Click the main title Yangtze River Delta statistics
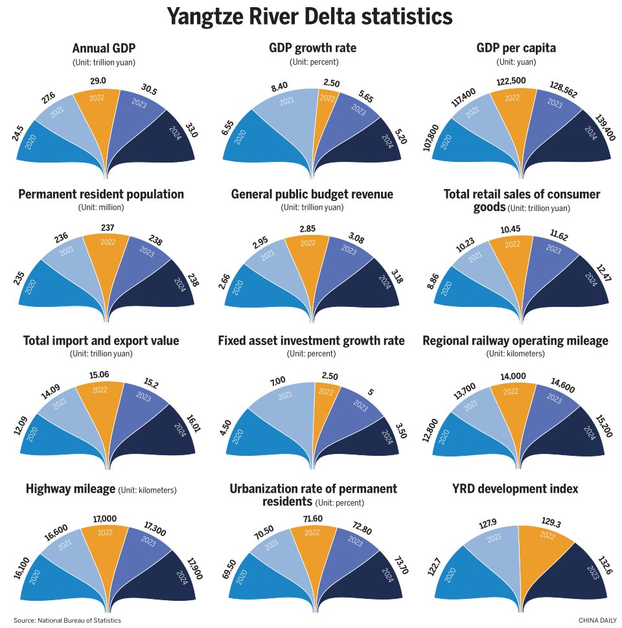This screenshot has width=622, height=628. click(310, 17)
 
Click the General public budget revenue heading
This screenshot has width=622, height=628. click(312, 194)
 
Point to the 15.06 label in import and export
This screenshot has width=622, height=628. click(99, 375)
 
